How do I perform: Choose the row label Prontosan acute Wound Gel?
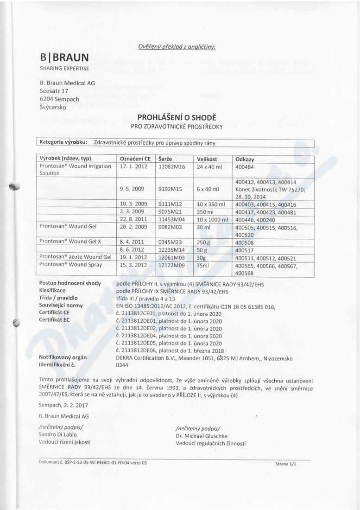(x=76, y=257)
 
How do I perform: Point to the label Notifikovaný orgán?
(x=63, y=357)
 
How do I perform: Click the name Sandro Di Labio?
(x=59, y=434)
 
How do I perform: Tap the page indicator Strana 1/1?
(x=285, y=463)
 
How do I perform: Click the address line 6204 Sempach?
(x=59, y=99)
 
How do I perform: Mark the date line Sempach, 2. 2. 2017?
(x=63, y=405)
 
